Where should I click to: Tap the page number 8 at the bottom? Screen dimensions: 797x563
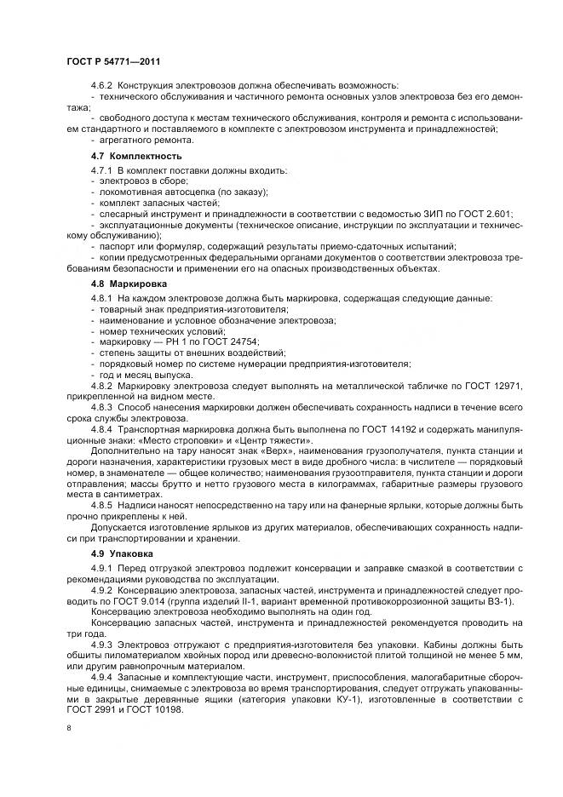point(69,728)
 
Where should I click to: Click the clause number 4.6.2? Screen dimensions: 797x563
point(102,87)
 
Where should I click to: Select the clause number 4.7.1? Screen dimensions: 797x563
point(102,170)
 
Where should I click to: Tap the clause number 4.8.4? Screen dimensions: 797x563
point(102,430)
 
